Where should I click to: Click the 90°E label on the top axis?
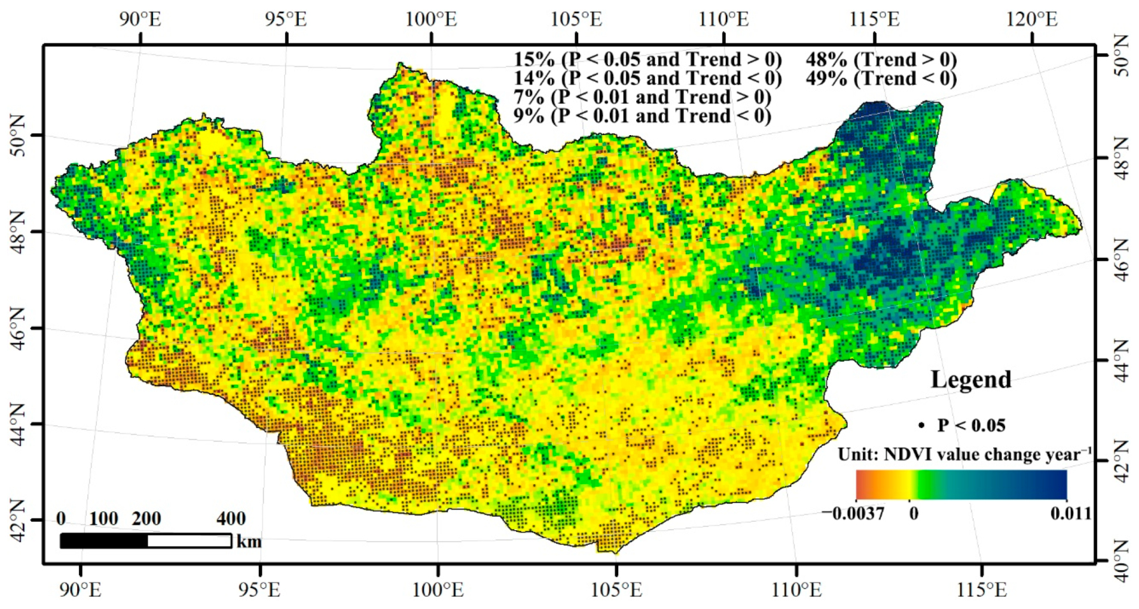[x=140, y=18]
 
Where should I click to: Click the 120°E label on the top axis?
[x=1032, y=18]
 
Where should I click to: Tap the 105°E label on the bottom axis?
[x=616, y=590]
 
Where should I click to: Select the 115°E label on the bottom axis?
[x=982, y=590]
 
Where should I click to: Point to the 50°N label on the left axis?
[x=18, y=135]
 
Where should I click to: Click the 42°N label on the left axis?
[x=18, y=520]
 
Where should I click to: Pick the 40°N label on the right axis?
[x=1121, y=561]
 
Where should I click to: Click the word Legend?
[x=971, y=380]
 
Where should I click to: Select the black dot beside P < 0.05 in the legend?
[x=921, y=426]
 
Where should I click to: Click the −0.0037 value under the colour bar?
[x=853, y=513]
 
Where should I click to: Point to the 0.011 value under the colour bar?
[x=1071, y=513]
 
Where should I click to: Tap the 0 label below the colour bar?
[x=913, y=513]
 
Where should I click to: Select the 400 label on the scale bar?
[x=231, y=519]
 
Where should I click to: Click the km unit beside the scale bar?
[x=249, y=541]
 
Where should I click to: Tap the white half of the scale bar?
[x=189, y=541]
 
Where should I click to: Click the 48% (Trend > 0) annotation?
[x=881, y=60]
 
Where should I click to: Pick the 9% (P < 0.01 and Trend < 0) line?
[x=642, y=116]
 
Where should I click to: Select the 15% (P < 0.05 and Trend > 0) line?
[x=648, y=60]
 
